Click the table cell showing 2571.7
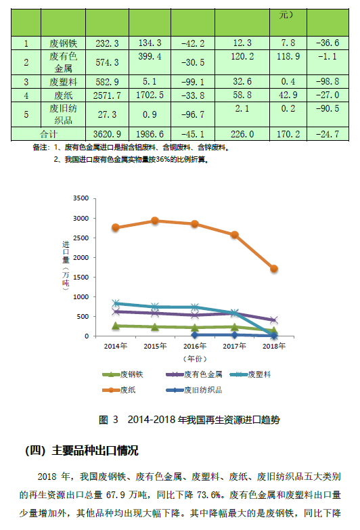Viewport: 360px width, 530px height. click(107, 95)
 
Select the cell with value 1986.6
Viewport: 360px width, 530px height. click(150, 134)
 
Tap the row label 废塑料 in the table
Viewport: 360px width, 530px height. click(63, 82)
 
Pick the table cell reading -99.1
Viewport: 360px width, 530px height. click(193, 82)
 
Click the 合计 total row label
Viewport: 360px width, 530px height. click(48, 134)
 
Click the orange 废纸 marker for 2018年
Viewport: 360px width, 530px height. click(274, 269)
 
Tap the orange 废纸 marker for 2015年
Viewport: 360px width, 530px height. click(155, 221)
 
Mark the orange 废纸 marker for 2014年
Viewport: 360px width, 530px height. click(115, 227)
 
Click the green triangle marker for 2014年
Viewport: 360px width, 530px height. click(115, 326)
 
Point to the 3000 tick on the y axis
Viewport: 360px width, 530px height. click(81, 219)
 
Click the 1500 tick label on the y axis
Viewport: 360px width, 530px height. click(81, 277)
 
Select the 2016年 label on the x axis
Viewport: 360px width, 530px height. click(195, 346)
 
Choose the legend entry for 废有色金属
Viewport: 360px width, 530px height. click(194, 374)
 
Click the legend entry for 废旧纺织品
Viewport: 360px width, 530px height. click(194, 390)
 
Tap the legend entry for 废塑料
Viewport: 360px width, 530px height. click(250, 374)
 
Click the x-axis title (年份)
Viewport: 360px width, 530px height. click(195, 359)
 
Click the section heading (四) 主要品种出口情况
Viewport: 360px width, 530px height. click(82, 451)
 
